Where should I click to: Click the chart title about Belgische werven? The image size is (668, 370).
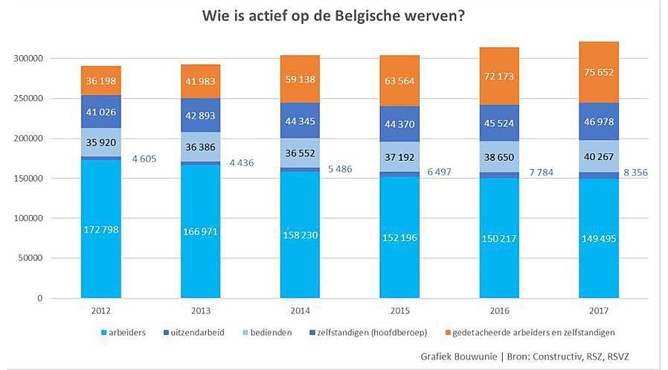334,16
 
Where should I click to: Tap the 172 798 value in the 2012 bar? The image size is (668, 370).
100,229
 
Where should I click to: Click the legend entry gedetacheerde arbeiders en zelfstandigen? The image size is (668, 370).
524,331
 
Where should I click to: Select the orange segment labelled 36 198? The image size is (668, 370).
100,80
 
